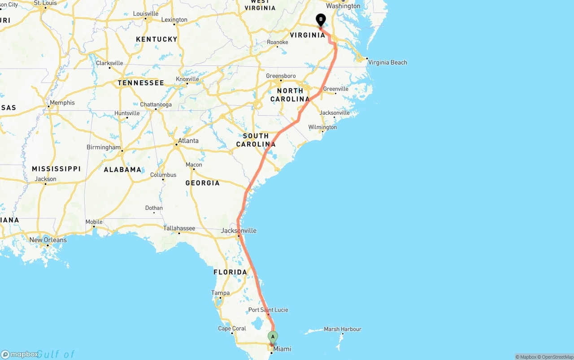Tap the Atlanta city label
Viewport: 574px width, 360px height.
(188, 141)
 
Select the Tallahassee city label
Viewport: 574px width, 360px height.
(179, 228)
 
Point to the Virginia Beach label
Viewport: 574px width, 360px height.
(387, 62)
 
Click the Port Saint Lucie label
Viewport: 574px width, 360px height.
(268, 310)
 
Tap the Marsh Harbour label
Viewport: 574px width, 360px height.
(342, 329)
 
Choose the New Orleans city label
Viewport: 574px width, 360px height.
(48, 240)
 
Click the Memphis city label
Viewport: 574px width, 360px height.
(62, 103)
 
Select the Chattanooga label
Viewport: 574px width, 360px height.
(156, 104)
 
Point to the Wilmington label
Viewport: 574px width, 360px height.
(322, 127)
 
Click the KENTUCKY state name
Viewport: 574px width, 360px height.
(157, 39)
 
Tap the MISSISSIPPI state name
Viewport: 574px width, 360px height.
(56, 169)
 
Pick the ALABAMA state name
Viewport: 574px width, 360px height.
(122, 169)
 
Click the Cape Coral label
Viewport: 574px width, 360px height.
(232, 328)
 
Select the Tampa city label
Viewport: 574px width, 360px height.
(220, 293)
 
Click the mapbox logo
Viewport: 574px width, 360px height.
(20, 354)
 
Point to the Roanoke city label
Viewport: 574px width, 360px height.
(277, 42)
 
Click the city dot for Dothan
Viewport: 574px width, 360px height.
(154, 213)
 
